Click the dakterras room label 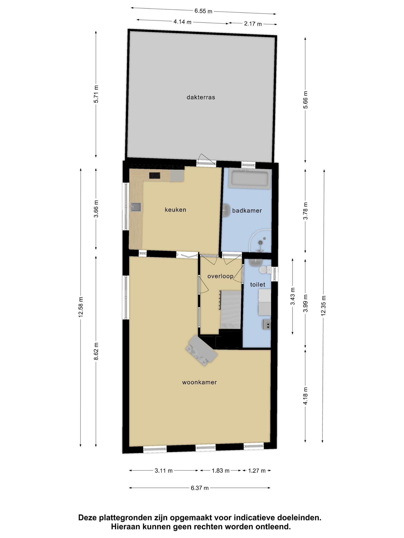pos(201,97)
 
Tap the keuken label pos(175,210)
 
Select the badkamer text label pos(247,210)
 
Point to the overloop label pos(220,276)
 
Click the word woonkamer pos(199,382)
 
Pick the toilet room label pos(257,284)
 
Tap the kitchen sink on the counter pos(136,207)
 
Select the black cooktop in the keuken pos(155,175)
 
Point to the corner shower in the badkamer pos(260,241)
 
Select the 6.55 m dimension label pos(203,11)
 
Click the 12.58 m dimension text pos(80,307)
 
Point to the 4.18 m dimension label pos(305,396)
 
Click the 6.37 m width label pos(200,488)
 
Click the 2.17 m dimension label pos(253,24)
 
